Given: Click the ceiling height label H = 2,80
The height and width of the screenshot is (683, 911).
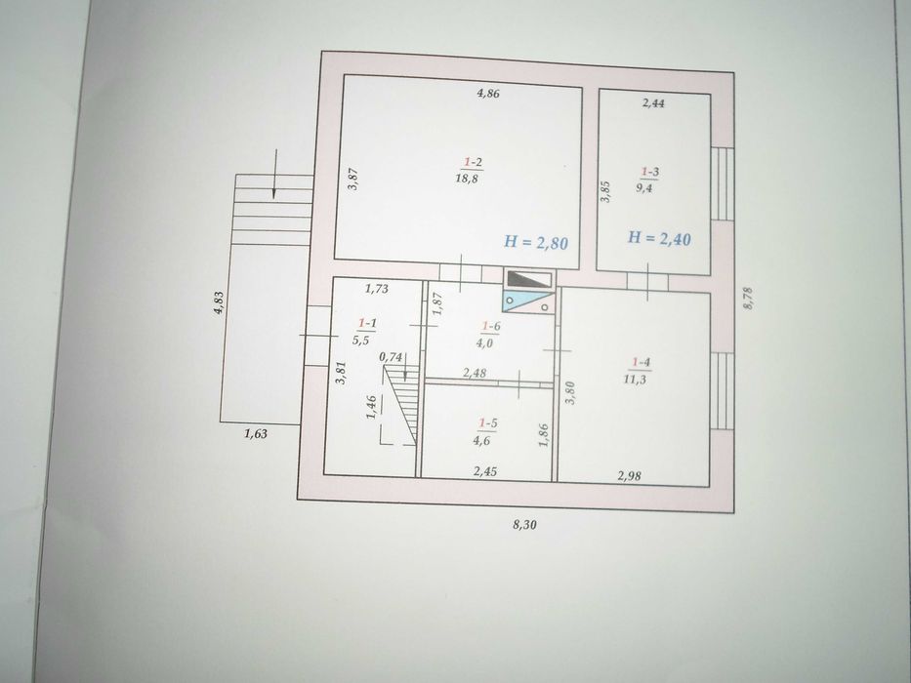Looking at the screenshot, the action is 536,242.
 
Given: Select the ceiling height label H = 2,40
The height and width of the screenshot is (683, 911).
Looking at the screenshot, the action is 659,237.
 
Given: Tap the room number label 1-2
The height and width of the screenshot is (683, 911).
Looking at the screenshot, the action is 473,162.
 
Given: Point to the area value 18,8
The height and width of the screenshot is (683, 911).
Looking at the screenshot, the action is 467,179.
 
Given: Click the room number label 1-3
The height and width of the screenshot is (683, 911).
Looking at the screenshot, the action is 649,172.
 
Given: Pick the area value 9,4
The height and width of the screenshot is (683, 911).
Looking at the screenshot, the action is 643,187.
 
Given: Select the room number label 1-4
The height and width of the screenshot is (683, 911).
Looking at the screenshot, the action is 641,363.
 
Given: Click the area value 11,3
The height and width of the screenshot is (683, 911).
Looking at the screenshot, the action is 635,380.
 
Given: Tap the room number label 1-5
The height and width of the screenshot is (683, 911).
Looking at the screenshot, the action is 487,423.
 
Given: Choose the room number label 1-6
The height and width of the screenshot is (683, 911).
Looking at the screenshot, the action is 491,327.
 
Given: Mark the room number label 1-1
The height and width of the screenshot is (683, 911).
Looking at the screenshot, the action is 367,323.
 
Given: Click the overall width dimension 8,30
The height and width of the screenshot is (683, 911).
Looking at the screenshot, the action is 524,525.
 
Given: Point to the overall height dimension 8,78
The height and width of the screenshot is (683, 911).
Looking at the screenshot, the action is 748,298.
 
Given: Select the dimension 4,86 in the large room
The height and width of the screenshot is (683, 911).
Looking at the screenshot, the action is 488,93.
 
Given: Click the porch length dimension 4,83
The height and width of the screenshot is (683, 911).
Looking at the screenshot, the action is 219,303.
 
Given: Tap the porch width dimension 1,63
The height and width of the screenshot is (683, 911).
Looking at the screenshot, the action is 256,433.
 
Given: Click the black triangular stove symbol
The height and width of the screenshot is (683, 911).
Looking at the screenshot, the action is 528,279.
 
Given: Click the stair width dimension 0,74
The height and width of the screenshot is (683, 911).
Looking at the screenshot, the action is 391,358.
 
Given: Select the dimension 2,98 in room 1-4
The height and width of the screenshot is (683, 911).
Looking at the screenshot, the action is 630,476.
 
